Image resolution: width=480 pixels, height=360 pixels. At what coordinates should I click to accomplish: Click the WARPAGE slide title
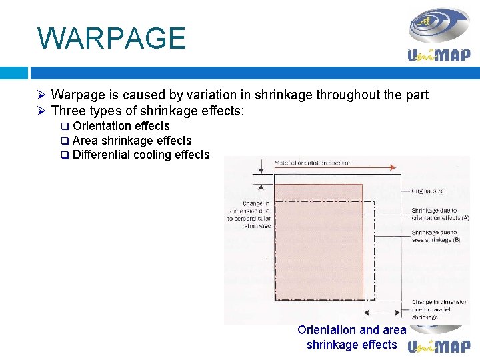[111, 38]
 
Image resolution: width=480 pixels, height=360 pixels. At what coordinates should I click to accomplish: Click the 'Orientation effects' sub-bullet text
[121, 126]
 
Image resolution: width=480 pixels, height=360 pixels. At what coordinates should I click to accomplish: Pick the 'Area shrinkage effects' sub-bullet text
[131, 141]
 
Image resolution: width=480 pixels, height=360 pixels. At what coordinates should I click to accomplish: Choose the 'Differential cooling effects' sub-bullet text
[141, 155]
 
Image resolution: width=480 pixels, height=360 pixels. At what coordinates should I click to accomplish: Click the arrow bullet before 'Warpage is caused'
[41, 95]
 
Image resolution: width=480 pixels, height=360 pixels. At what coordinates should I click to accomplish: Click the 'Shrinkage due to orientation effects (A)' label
[440, 213]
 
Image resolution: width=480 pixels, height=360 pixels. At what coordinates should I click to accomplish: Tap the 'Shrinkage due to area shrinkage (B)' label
[435, 235]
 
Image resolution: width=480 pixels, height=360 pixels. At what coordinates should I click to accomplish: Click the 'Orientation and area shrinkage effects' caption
[351, 337]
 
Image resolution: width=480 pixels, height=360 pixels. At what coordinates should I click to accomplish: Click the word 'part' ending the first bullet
[417, 95]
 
